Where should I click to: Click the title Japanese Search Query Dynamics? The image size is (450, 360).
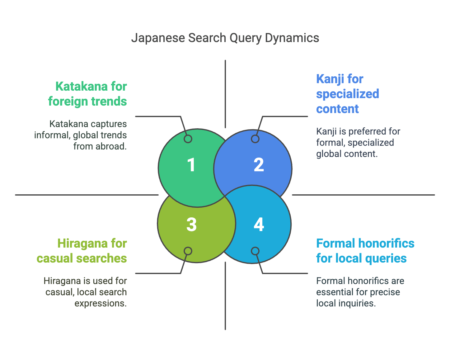(x=225, y=38)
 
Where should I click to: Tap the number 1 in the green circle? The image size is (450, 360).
(x=191, y=165)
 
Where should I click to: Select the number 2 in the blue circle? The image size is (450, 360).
(x=259, y=165)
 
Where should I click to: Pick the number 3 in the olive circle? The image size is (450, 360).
(x=191, y=225)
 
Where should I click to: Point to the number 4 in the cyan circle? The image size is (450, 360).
(x=259, y=224)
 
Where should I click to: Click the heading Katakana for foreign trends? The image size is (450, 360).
(x=88, y=94)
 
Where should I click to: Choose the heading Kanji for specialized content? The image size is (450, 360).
(x=348, y=94)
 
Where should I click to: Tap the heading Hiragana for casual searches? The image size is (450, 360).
(x=82, y=251)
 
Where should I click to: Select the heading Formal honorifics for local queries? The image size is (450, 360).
(x=365, y=251)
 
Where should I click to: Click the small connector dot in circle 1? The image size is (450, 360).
(x=188, y=139)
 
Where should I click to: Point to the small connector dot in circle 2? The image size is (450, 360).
(x=255, y=139)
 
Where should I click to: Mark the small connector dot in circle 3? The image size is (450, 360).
(x=188, y=251)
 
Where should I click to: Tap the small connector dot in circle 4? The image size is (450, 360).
(x=255, y=251)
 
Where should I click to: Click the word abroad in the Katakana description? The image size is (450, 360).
(x=111, y=146)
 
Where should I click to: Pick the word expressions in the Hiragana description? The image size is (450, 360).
(x=101, y=304)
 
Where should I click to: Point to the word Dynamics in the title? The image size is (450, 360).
(x=292, y=38)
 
